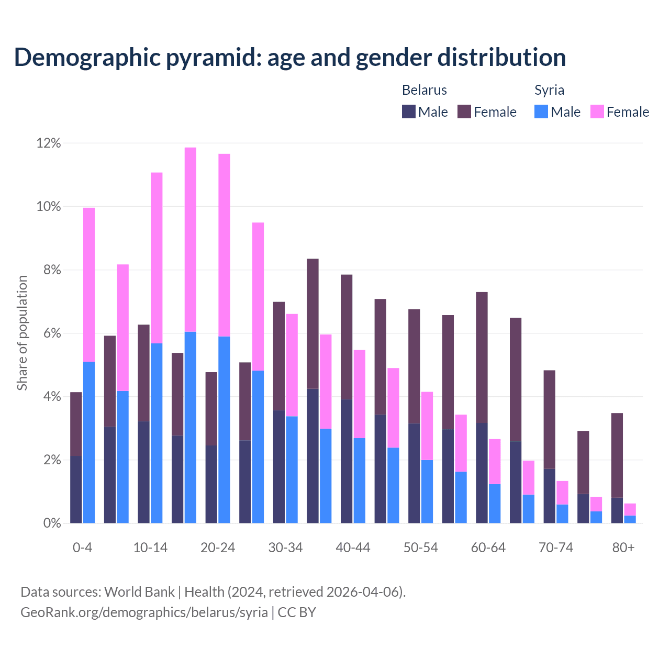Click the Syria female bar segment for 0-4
tap(89, 285)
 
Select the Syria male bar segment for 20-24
tap(224, 430)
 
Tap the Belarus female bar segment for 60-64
tap(482, 358)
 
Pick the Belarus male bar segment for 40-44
tap(347, 461)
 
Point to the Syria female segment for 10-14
tap(157, 258)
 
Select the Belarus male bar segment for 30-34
tap(279, 466)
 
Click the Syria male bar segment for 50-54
tap(427, 492)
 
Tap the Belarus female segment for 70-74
tap(550, 419)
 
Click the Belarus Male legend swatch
tap(409, 111)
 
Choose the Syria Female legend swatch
tap(597, 111)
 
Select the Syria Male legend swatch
tap(541, 111)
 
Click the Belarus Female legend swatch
tap(464, 111)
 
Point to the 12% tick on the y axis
tap(49, 143)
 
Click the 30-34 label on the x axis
tap(285, 548)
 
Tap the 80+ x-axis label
tap(623, 548)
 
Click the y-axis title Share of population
tap(22, 333)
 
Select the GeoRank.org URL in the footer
tap(144, 612)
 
